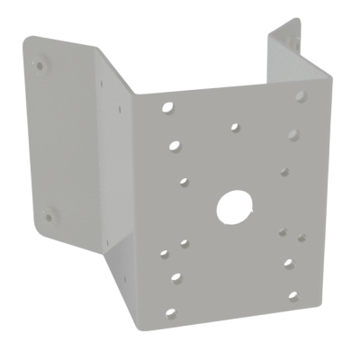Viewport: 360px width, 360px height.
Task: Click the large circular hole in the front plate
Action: point(231,207)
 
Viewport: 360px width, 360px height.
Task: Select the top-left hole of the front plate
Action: point(168,108)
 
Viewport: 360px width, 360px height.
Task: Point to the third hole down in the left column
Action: point(183,182)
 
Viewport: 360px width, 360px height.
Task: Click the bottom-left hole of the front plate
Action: point(169,311)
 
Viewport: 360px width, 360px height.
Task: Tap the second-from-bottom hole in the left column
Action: point(175,276)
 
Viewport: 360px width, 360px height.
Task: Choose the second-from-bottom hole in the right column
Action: point(288,265)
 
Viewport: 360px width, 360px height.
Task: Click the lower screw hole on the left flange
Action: point(47,215)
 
